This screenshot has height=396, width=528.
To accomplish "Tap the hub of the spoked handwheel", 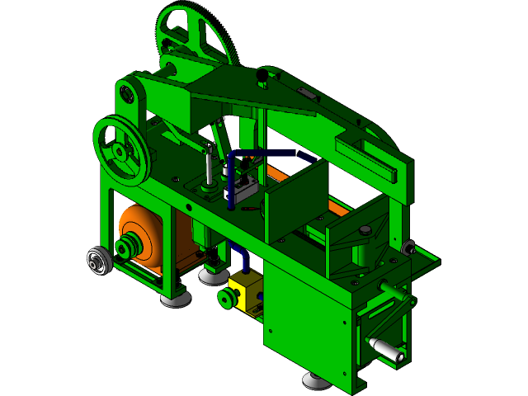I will (120, 151).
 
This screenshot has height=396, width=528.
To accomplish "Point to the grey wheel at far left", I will (98, 262).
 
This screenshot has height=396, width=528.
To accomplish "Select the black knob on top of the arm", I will (262, 77).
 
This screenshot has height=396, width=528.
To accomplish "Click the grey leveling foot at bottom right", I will (315, 380).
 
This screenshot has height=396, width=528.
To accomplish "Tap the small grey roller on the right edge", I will (408, 247).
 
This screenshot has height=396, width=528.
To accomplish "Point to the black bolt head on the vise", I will (364, 229).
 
